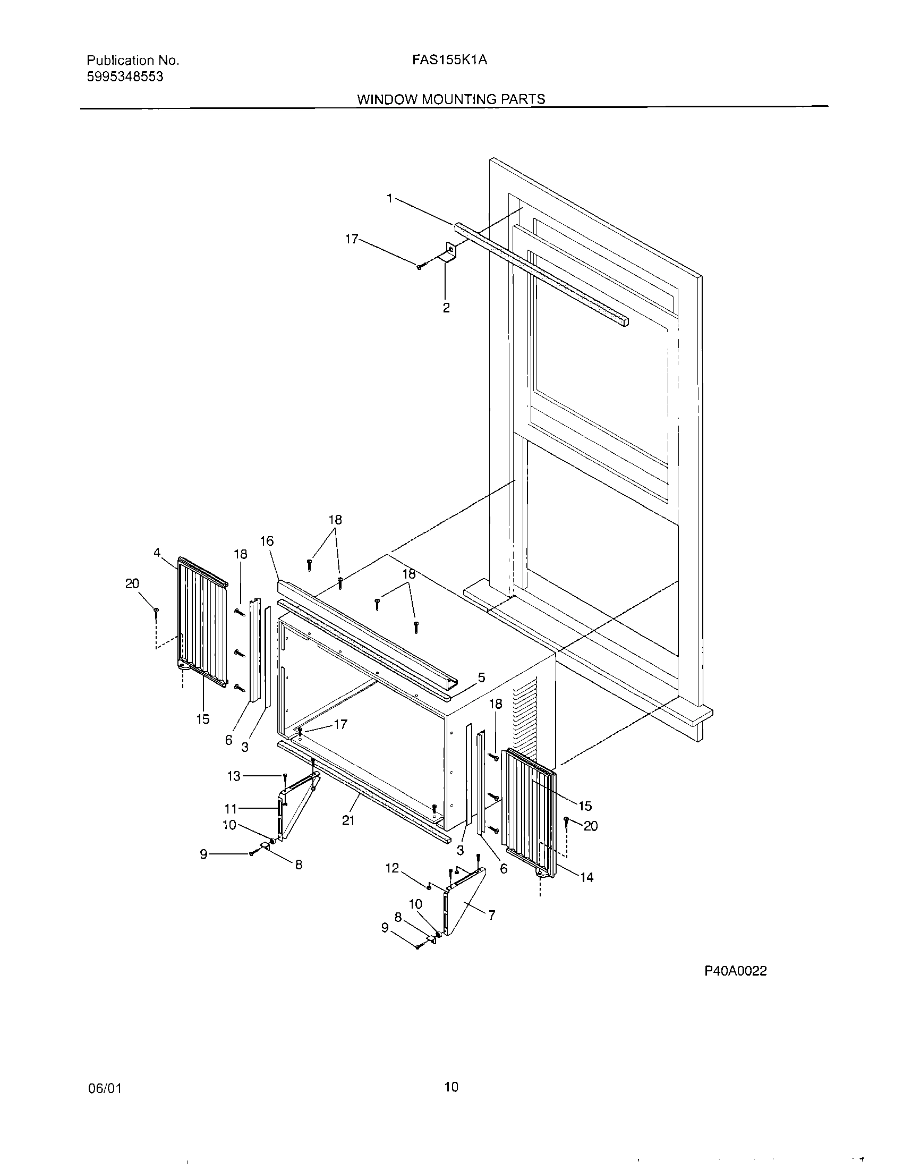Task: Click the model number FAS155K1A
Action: (x=449, y=61)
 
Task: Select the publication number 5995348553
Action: (x=125, y=77)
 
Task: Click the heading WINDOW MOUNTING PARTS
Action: (x=451, y=99)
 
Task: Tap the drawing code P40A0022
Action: (x=735, y=971)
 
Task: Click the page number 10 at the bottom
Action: (x=451, y=1087)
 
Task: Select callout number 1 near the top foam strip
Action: (x=390, y=199)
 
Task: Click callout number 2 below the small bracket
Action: (x=446, y=308)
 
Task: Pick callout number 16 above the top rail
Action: (x=267, y=541)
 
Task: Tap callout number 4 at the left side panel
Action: (x=157, y=553)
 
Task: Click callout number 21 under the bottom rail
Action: (x=348, y=820)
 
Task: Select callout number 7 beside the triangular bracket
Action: (x=492, y=916)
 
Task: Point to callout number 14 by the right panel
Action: (x=587, y=877)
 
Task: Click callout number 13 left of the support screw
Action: (x=234, y=776)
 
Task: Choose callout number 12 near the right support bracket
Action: (x=392, y=868)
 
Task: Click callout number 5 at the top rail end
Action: (x=481, y=678)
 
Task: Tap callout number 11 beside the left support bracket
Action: (x=231, y=809)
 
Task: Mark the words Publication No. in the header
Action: (x=133, y=61)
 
